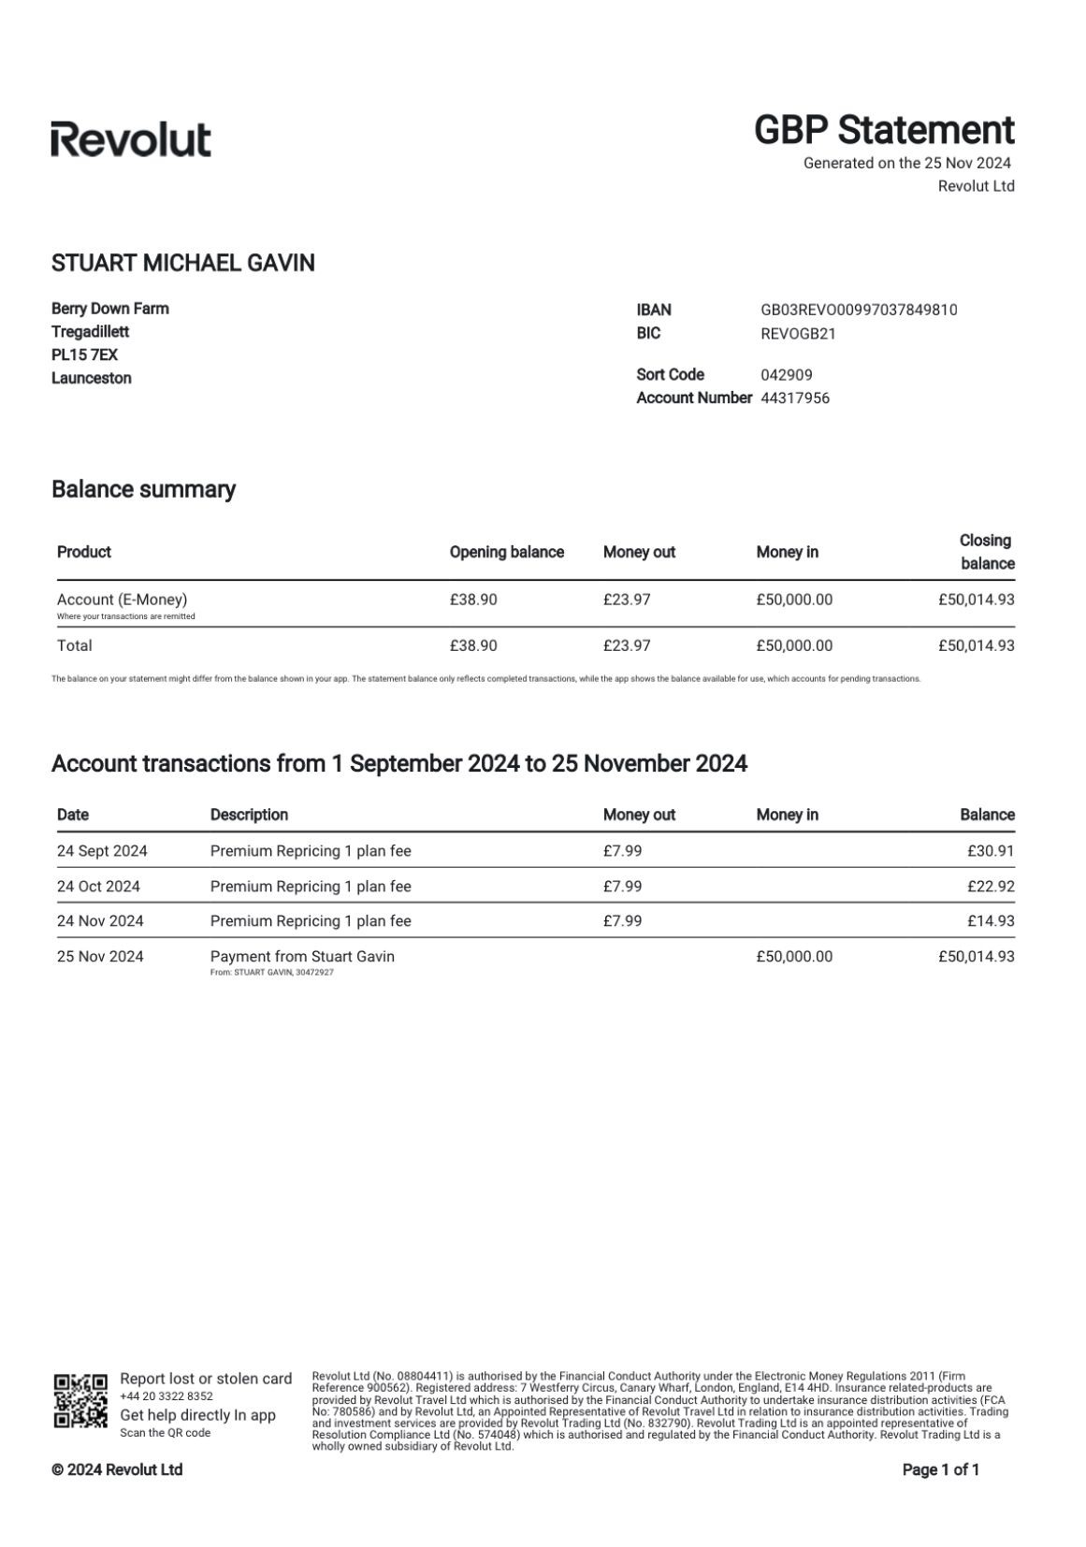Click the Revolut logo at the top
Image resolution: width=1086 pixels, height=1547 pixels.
pos(131,139)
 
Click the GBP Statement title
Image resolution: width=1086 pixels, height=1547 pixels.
pos(884,130)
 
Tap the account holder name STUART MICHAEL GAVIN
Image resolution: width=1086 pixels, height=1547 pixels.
pos(183,263)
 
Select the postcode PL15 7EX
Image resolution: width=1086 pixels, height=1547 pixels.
pos(84,355)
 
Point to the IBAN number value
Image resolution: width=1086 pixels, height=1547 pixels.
pos(859,310)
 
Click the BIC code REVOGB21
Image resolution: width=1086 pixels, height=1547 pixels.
pos(798,333)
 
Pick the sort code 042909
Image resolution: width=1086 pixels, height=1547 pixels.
pos(786,375)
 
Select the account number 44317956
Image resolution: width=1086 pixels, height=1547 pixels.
pos(795,398)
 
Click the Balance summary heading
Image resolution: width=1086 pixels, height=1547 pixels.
pos(143,489)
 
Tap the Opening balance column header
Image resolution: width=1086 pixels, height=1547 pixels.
pos(506,552)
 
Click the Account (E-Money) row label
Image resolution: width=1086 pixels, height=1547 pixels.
pos(122,600)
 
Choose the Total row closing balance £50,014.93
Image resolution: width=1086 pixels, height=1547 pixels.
pos(976,645)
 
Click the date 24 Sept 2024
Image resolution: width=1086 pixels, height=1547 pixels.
pos(102,851)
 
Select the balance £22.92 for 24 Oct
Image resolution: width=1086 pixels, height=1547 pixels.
pos(991,887)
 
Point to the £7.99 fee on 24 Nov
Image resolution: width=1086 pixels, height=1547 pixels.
pos(622,921)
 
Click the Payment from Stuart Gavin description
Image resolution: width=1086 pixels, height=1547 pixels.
pos(302,957)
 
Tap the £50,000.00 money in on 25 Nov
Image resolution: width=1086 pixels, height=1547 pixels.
pos(793,957)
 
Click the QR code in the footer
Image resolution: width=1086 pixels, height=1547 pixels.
pos(80,1400)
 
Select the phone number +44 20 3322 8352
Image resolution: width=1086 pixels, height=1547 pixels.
pos(167,1396)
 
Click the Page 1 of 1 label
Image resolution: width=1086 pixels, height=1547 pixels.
pos(940,1470)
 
